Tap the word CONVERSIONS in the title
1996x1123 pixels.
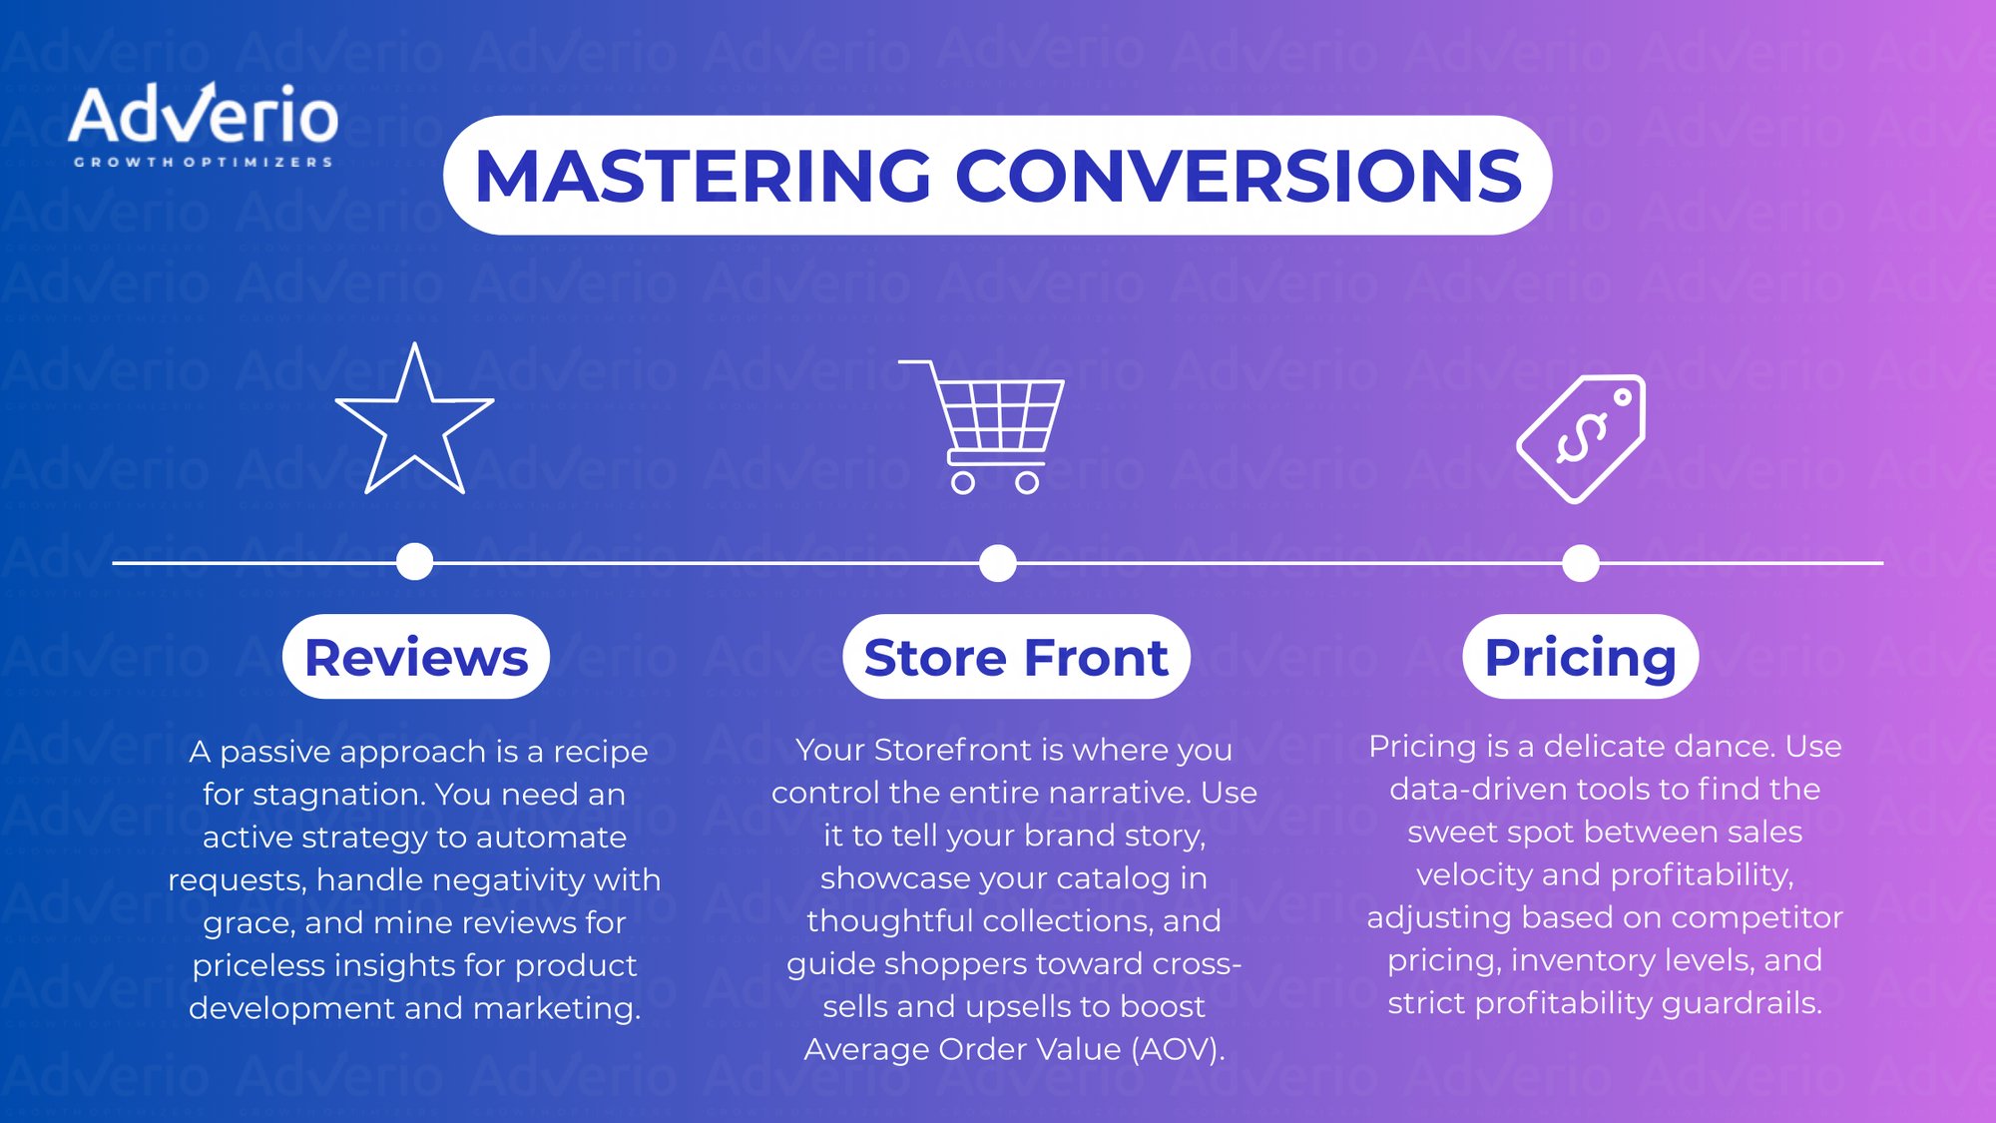coord(1239,176)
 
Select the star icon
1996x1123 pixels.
coord(414,423)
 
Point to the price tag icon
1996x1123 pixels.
coord(1581,438)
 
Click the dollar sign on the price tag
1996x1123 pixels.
coord(1581,438)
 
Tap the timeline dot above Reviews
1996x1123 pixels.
coord(414,562)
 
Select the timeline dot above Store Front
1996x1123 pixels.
coord(998,563)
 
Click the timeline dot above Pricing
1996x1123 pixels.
coord(1581,563)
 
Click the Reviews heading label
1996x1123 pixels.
coord(416,657)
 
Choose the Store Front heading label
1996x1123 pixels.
coord(1016,657)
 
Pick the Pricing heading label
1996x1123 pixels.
coord(1580,657)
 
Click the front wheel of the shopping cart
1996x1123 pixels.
coord(1027,483)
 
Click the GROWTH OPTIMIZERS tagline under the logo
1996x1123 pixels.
coord(204,162)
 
